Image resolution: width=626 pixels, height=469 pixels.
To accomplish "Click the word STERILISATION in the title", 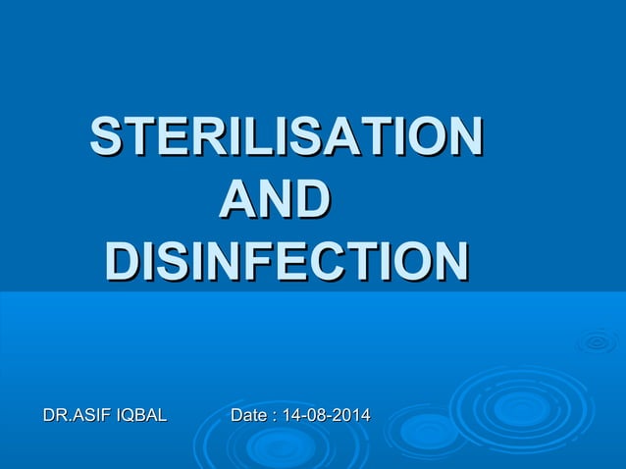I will click(x=286, y=137).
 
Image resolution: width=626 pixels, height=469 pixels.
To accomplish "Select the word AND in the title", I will click(x=273, y=199).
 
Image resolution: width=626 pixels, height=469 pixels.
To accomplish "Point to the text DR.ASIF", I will click(x=78, y=417).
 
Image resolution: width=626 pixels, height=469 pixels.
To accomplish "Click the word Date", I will click(x=248, y=417).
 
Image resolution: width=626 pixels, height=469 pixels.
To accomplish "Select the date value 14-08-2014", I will click(x=326, y=417).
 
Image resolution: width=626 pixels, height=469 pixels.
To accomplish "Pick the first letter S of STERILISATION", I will click(x=104, y=137).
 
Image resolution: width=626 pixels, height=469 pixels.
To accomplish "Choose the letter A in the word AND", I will click(x=235, y=199).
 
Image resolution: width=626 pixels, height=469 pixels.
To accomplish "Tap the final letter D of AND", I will click(x=310, y=199).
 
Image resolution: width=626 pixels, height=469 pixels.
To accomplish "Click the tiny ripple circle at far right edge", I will click(x=597, y=341).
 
